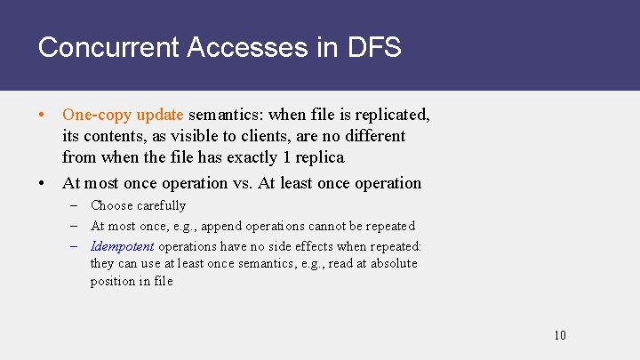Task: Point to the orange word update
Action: click(x=160, y=115)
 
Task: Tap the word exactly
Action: click(x=260, y=157)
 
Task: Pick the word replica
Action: click(x=319, y=157)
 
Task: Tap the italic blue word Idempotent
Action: click(x=123, y=246)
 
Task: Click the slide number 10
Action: click(x=559, y=335)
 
